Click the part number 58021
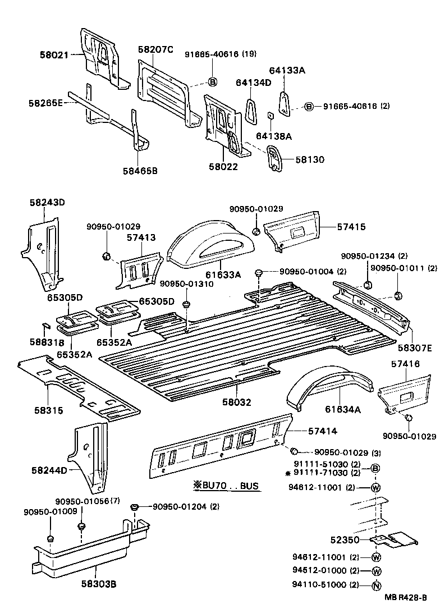click(x=53, y=55)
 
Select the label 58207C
click(x=155, y=49)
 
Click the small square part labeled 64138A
click(x=270, y=116)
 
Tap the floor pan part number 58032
click(x=237, y=402)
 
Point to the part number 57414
click(x=323, y=431)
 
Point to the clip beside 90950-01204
click(x=134, y=508)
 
